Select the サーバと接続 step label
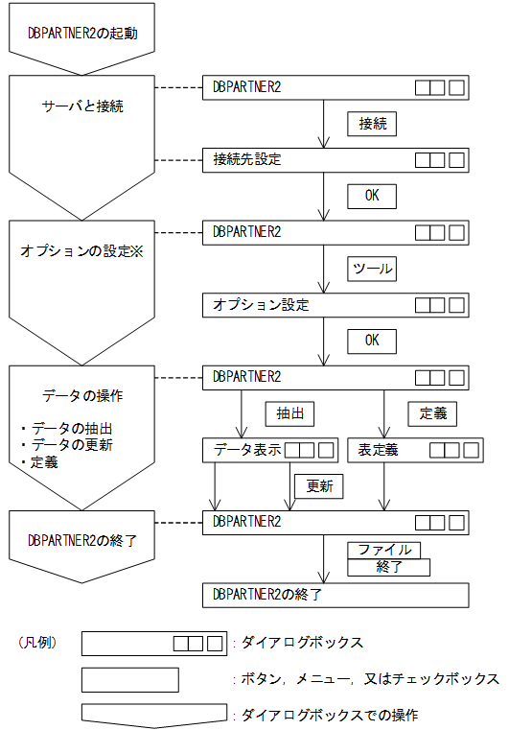click(x=81, y=106)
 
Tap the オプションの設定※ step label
click(x=81, y=250)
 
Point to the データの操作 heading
click(x=82, y=394)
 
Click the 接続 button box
click(x=372, y=124)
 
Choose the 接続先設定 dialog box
click(x=335, y=159)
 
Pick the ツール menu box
click(x=372, y=269)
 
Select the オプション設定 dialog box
click(x=335, y=305)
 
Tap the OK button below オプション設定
click(x=372, y=341)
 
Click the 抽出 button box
click(x=289, y=413)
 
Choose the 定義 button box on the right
click(x=432, y=413)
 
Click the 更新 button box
click(x=319, y=486)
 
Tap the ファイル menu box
click(x=384, y=550)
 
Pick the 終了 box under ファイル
click(x=388, y=567)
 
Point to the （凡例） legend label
click(x=39, y=641)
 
